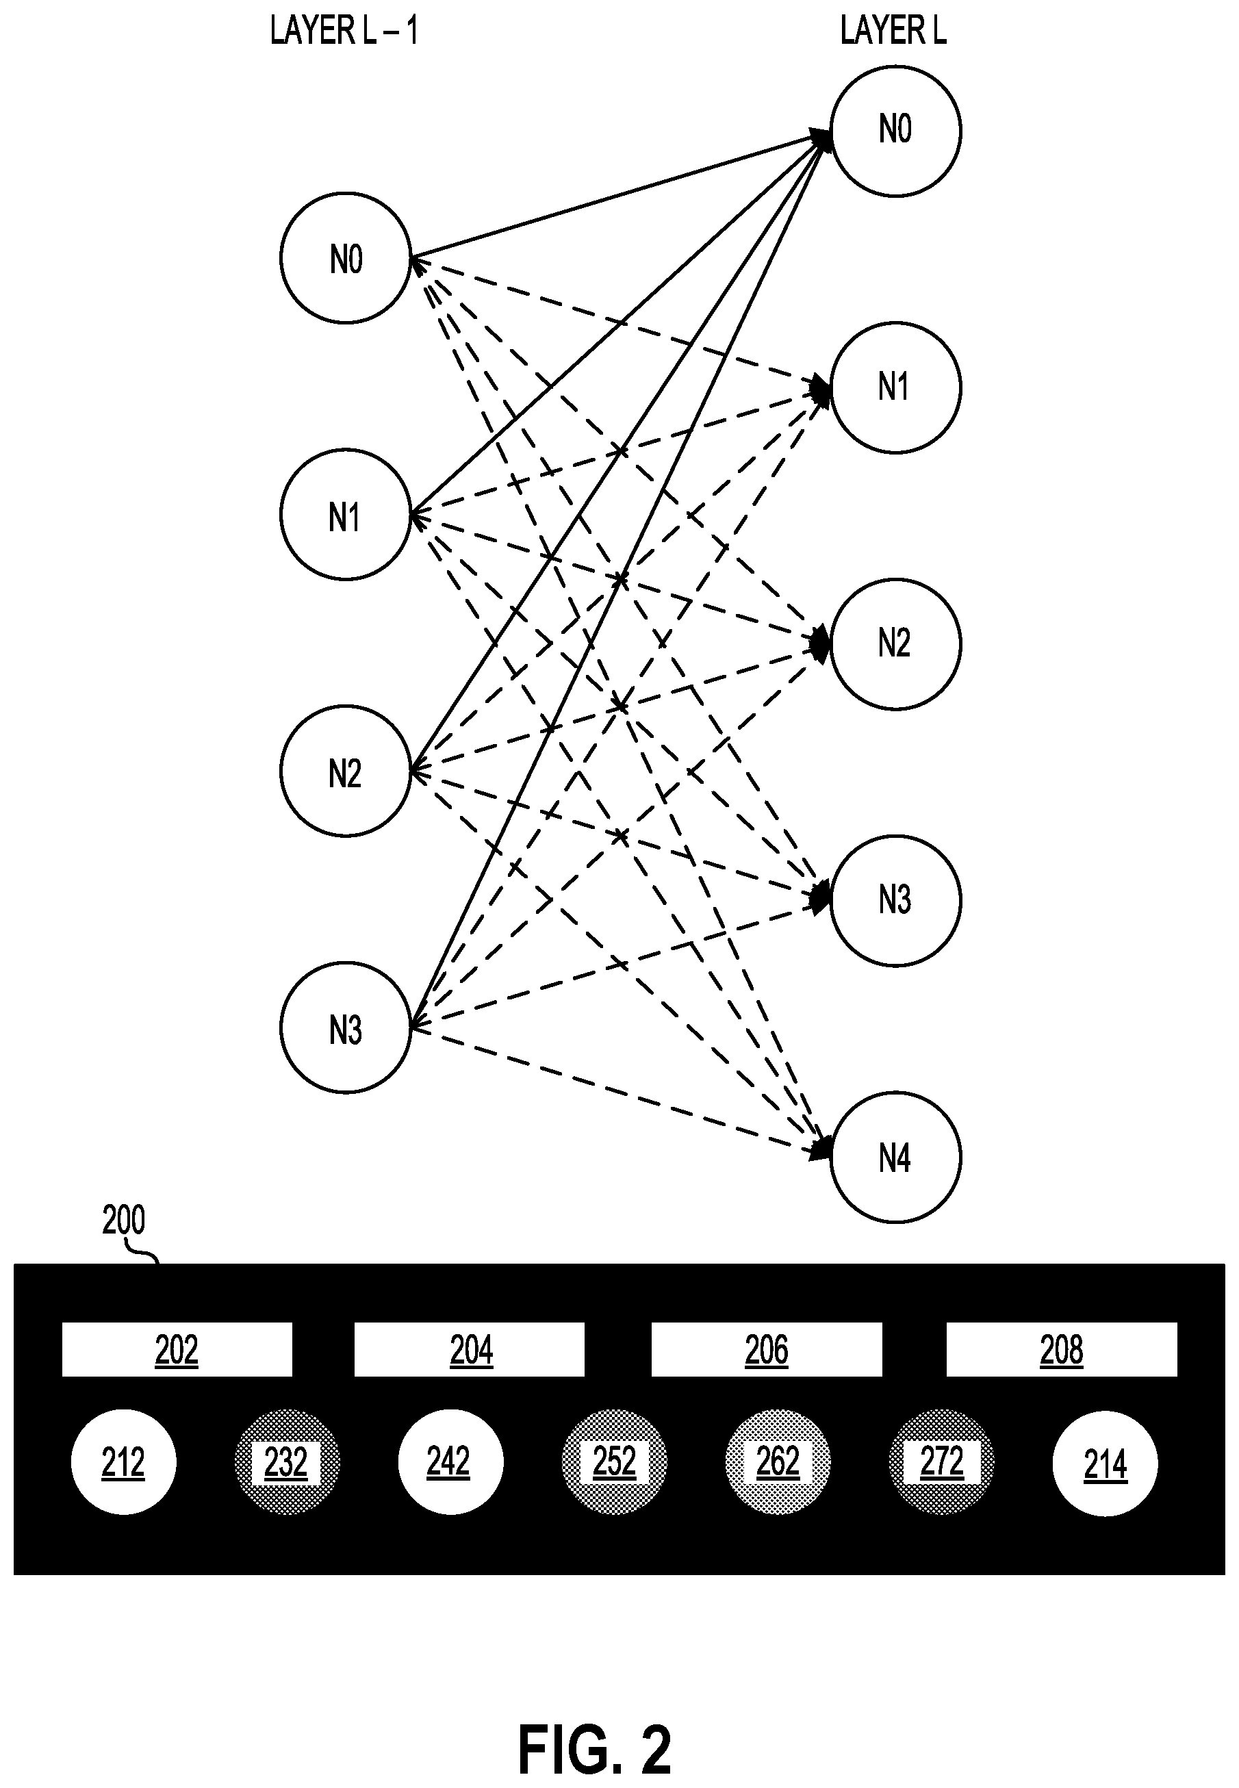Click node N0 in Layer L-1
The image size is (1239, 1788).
(346, 258)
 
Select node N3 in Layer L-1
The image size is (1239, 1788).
(346, 1027)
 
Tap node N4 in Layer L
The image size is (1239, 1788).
(896, 1157)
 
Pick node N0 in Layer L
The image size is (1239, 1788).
(896, 131)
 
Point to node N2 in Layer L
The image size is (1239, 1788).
(896, 643)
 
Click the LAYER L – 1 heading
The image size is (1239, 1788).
(344, 31)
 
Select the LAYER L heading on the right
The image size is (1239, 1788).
(893, 31)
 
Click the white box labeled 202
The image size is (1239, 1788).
(177, 1349)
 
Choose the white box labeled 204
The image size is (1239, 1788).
(470, 1349)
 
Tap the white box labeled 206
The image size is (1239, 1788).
(766, 1349)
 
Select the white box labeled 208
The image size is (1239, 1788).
(1061, 1349)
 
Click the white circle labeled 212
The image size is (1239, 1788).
(123, 1462)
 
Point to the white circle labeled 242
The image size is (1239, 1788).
(450, 1462)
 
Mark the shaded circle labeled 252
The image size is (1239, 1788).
(614, 1462)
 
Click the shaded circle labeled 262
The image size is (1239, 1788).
(778, 1462)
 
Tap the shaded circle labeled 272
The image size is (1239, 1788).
(942, 1462)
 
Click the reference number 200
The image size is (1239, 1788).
(123, 1221)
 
